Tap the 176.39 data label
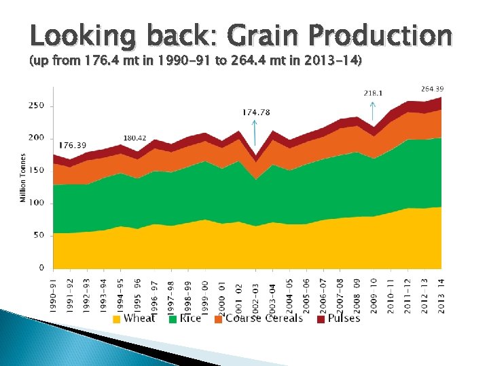(73, 145)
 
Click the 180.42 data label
(135, 138)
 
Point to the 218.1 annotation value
(372, 92)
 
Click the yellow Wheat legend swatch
(117, 319)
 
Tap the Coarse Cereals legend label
(264, 319)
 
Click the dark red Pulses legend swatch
(321, 319)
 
